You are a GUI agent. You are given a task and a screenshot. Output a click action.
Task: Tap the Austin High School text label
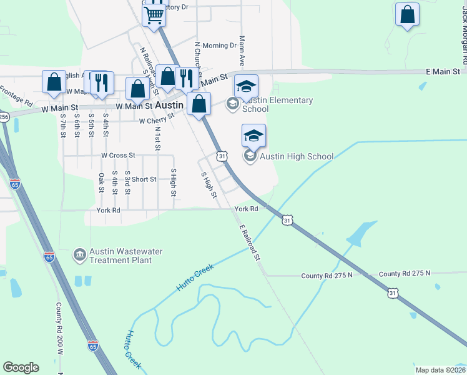point(297,156)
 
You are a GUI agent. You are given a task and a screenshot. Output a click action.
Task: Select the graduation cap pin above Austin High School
point(253,136)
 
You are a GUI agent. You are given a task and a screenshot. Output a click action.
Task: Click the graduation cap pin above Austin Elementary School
point(246,86)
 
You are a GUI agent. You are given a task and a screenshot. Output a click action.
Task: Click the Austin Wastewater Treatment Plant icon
point(79,255)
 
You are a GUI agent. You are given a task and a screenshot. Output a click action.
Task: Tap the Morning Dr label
point(219,46)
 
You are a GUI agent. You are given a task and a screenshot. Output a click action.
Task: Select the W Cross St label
point(118,155)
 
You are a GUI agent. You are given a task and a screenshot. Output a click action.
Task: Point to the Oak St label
point(101,183)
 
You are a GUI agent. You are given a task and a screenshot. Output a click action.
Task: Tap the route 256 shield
point(3,117)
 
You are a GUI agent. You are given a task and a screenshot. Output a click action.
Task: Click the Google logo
point(21,367)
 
